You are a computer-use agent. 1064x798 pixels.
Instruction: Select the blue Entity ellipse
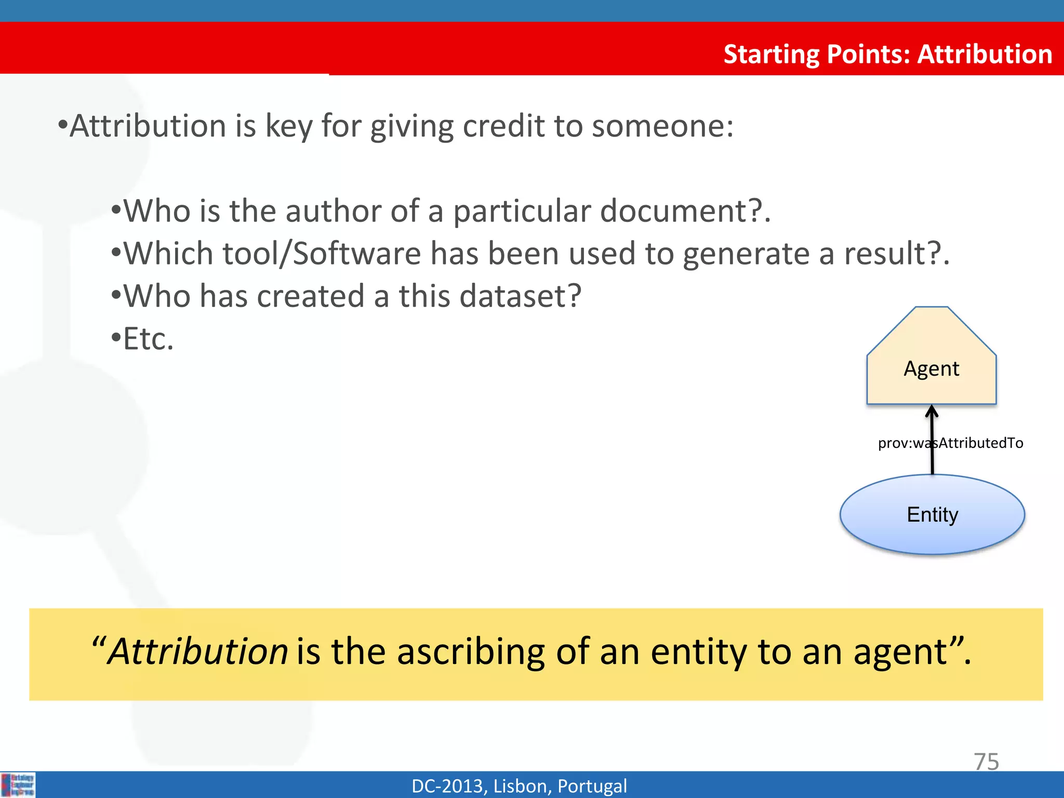[932, 515]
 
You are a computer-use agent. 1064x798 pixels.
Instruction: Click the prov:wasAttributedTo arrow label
[950, 443]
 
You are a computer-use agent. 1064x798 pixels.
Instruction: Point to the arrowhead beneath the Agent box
[932, 412]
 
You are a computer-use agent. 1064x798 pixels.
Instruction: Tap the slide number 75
[986, 762]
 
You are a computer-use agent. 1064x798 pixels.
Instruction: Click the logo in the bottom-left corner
[18, 784]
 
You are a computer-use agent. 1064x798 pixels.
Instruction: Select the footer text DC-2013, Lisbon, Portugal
[519, 786]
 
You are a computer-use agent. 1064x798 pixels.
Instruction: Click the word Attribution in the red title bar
[985, 54]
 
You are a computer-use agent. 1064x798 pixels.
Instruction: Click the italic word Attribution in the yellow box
[197, 651]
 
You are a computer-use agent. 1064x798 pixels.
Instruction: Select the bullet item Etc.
[148, 339]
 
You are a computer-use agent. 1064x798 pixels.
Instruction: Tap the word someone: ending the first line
[662, 126]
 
